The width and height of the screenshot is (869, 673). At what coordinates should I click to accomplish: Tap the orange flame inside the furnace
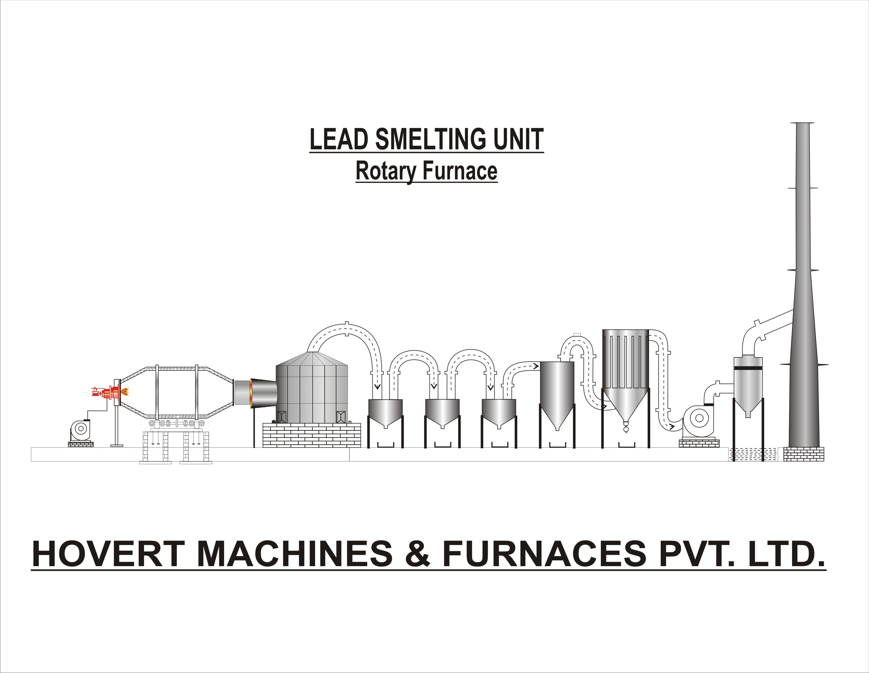(125, 392)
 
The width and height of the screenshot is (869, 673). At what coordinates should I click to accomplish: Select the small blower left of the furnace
(80, 429)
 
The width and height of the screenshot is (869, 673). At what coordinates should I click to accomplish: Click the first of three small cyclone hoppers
(385, 412)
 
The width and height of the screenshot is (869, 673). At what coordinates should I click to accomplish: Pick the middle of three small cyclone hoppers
(442, 412)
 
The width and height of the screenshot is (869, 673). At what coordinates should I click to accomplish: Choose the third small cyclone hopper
(499, 412)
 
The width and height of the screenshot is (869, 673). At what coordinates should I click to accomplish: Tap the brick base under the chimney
(804, 454)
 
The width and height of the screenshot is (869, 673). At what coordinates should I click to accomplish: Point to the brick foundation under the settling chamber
(312, 435)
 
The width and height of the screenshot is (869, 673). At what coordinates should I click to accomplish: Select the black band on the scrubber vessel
(748, 368)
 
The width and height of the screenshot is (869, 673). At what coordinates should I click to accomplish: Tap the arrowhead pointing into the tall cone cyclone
(535, 366)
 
